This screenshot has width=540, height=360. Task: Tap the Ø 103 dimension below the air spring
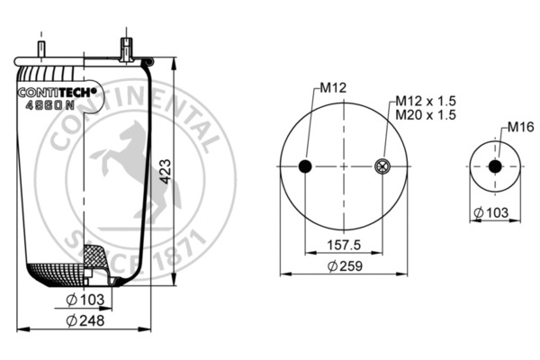(x=85, y=299)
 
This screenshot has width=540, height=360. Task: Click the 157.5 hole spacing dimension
(x=343, y=243)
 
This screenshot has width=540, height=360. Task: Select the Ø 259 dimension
(x=344, y=267)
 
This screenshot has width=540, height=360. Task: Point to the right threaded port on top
(x=125, y=46)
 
